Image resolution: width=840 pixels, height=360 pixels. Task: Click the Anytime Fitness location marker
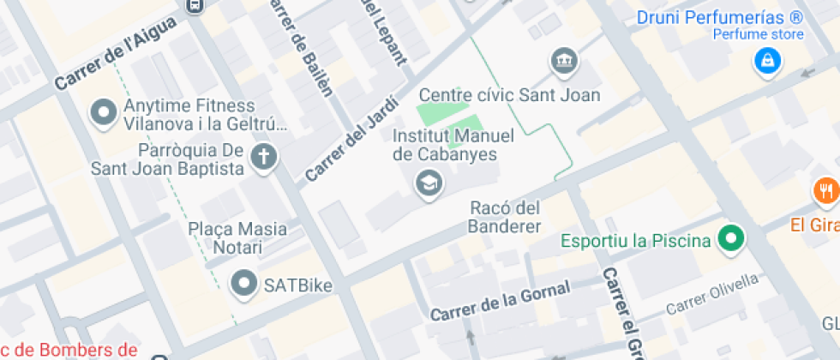tap(105, 113)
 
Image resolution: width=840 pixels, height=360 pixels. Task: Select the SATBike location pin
tap(246, 283)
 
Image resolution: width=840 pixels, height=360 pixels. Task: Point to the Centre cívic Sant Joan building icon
tap(565, 61)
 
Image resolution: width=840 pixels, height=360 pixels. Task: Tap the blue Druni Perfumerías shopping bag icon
tap(766, 60)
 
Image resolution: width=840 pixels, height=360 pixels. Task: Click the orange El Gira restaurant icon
tap(826, 189)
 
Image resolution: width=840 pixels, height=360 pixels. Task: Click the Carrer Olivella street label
tap(712, 294)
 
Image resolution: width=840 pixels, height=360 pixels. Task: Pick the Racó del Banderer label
tap(506, 218)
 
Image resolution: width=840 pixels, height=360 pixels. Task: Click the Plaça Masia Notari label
tap(237, 239)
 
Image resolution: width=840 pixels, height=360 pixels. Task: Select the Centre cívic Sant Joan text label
tap(509, 94)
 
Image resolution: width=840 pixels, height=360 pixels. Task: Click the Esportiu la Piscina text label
tap(636, 240)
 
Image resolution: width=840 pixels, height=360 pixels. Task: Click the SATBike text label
tap(298, 284)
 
